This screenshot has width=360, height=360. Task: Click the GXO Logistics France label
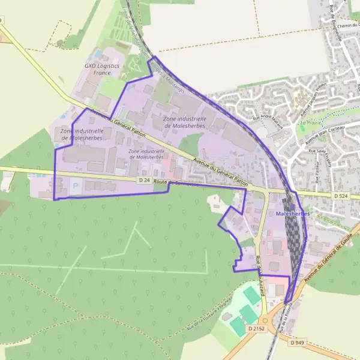click(102, 69)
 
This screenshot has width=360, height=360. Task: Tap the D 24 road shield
click(144, 180)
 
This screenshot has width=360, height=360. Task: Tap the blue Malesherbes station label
click(293, 214)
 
